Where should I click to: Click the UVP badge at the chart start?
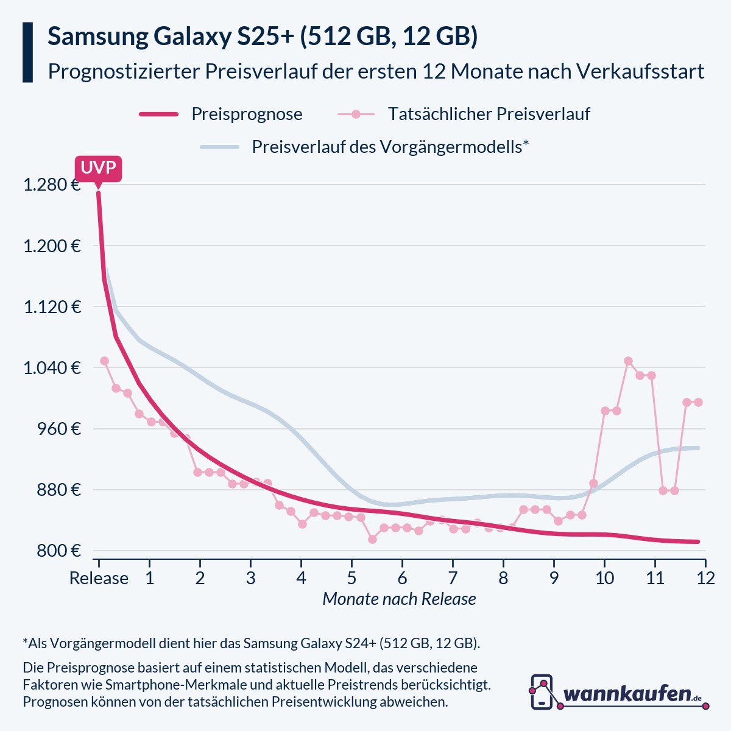tap(98, 168)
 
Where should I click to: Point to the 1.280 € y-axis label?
tap(52, 185)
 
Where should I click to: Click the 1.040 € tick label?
tap(52, 367)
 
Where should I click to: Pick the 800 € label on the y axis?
tap(59, 551)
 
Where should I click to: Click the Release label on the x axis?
tap(99, 577)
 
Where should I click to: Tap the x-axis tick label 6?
tap(402, 577)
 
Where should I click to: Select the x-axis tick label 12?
tap(705, 577)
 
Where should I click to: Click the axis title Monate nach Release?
tap(399, 599)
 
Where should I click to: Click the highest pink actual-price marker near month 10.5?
tap(628, 361)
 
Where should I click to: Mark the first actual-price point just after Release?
tap(104, 361)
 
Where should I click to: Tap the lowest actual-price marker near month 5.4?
tap(372, 539)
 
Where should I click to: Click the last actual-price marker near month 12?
tap(698, 402)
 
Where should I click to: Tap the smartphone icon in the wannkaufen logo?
tap(542, 692)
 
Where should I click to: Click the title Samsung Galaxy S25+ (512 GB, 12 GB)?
tap(263, 37)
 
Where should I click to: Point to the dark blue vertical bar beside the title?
tap(27, 52)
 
